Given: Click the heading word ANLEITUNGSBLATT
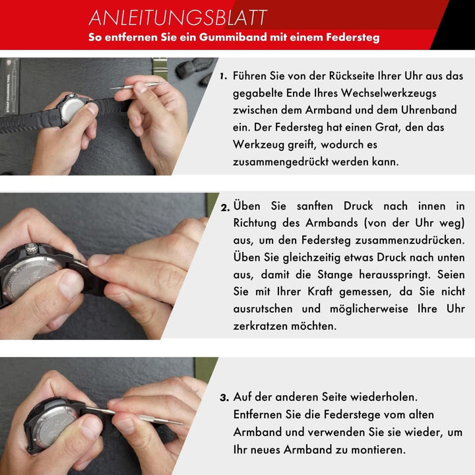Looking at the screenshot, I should tap(178, 16).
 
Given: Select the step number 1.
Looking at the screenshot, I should tap(224, 76).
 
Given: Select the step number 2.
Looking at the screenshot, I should tap(226, 208).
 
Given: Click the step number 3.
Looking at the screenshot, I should tap(224, 398).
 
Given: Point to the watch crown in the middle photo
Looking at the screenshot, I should tap(31, 248).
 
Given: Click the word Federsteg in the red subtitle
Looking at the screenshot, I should tap(352, 38).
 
